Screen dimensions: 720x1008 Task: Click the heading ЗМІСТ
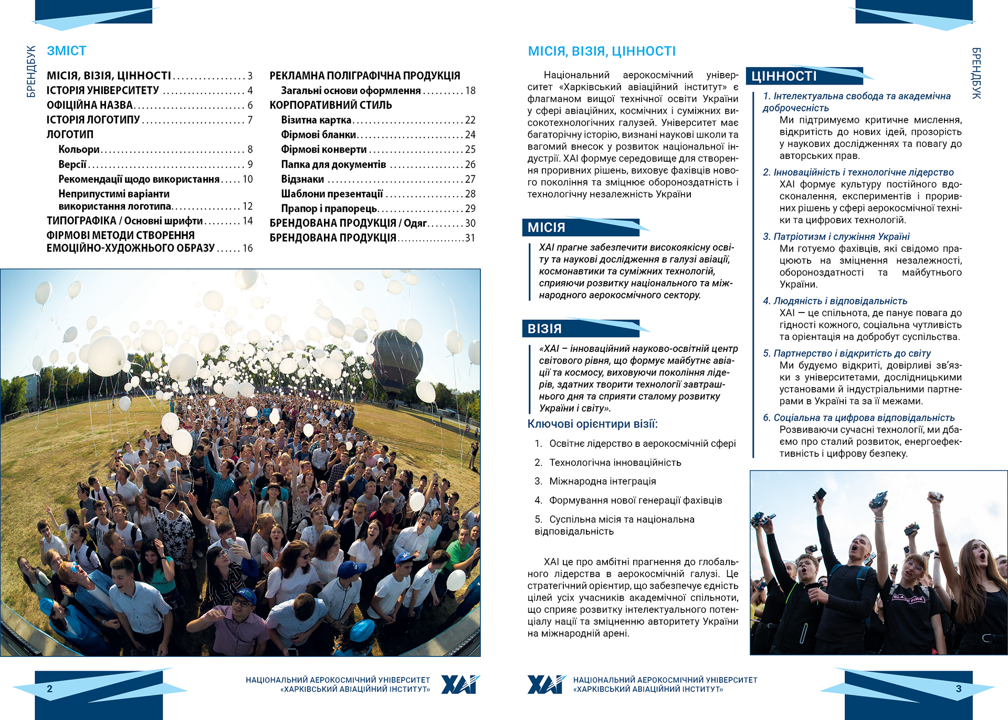point(67,51)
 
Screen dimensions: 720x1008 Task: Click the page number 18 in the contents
point(470,91)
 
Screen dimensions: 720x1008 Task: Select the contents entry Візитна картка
point(316,120)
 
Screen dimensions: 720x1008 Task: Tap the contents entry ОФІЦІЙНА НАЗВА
point(90,106)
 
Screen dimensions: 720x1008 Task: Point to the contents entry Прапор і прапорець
point(329,208)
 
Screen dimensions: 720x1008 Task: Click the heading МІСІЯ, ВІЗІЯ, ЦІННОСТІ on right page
point(602,51)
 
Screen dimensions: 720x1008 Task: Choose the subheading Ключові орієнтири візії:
point(592,424)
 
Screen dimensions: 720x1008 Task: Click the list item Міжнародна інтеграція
point(602,482)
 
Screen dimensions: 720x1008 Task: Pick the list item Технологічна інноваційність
point(615,463)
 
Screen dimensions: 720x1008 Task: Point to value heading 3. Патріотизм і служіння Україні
point(836,237)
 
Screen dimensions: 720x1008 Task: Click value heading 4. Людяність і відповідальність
point(835,301)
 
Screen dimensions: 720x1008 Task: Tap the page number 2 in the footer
point(50,689)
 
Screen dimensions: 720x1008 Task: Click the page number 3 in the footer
point(959,689)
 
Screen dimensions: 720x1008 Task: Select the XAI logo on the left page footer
point(460,685)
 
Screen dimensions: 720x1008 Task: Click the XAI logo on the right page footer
point(547,685)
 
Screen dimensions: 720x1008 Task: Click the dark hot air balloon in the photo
point(397,357)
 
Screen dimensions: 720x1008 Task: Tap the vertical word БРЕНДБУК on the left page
point(31,71)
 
